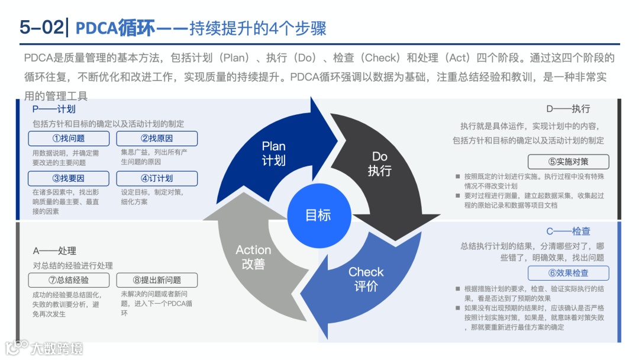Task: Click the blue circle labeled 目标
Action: point(318,216)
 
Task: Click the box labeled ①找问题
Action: point(69,139)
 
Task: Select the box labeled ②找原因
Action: point(157,139)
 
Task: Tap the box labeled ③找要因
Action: point(69,178)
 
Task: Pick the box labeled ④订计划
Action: point(157,178)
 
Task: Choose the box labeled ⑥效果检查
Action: point(568,273)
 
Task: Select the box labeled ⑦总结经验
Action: point(69,280)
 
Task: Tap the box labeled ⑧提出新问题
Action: point(157,280)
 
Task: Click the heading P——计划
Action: point(54,109)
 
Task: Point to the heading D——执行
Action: point(568,109)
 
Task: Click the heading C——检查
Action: point(568,231)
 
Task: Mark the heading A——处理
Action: point(54,251)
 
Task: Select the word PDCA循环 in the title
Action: point(116,28)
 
